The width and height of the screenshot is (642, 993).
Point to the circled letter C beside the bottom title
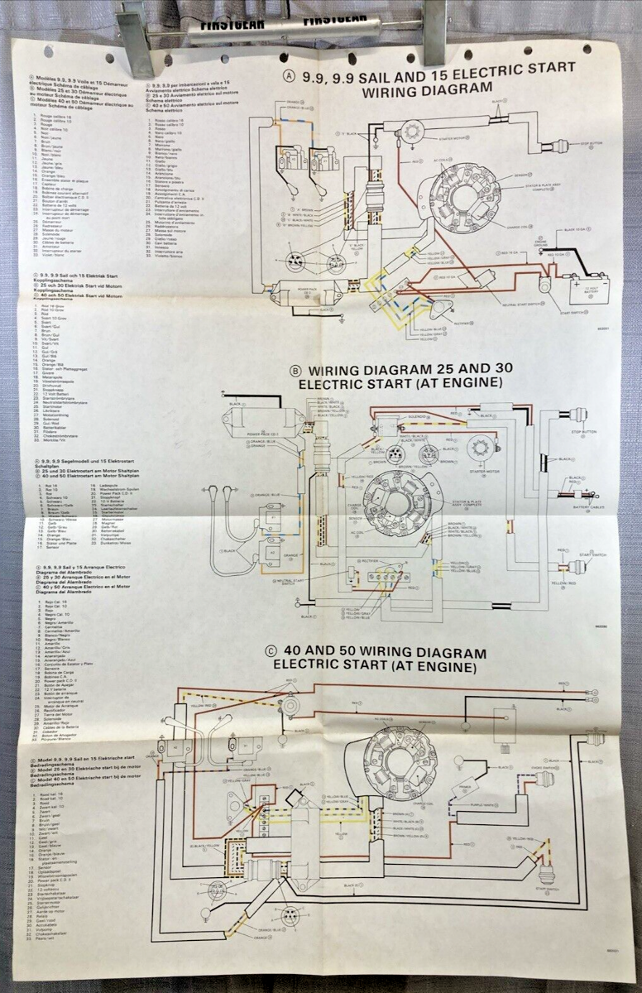[270, 651]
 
